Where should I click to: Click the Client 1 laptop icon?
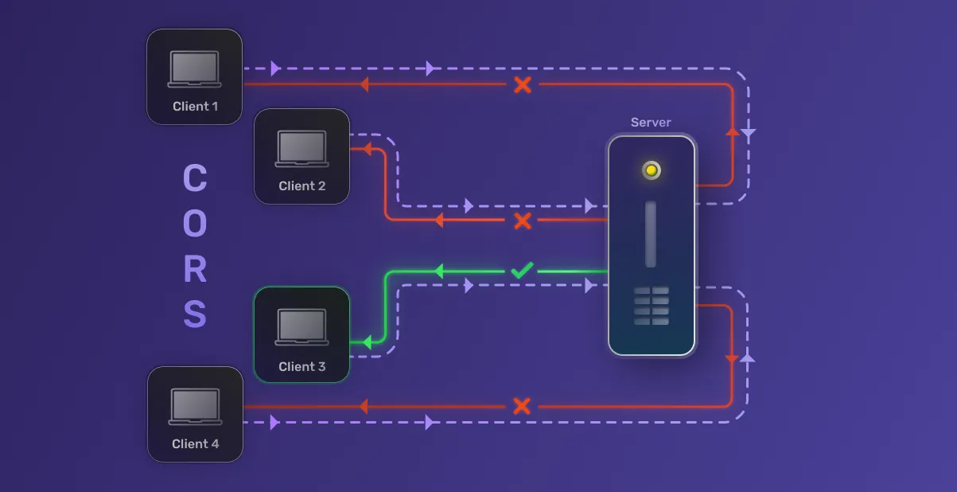(x=195, y=69)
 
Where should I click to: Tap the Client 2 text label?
(x=302, y=186)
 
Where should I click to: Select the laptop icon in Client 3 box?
(x=302, y=327)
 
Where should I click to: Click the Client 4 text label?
(x=195, y=443)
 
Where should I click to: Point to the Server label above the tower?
(x=651, y=123)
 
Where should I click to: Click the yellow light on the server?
(x=652, y=170)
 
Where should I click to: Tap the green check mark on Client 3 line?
(x=522, y=271)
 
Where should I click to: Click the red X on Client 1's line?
(x=523, y=84)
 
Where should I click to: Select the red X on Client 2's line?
(x=523, y=221)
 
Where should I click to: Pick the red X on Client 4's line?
(x=522, y=406)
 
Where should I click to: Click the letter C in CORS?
(x=195, y=178)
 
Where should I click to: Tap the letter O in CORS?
(x=195, y=225)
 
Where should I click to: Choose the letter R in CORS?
(x=195, y=270)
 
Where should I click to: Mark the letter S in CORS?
(x=195, y=315)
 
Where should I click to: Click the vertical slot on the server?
(x=651, y=234)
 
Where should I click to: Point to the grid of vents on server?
(x=652, y=307)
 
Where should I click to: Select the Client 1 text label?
(x=195, y=106)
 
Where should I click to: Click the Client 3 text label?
(x=302, y=367)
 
